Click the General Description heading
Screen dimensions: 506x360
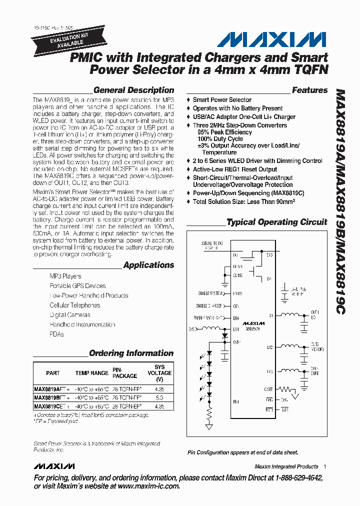point(133,90)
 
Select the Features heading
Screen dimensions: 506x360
point(309,90)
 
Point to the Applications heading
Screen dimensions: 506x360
point(148,265)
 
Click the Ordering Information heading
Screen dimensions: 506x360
point(131,353)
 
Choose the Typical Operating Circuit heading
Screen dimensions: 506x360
point(276,222)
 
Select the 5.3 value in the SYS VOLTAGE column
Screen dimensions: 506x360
point(159,397)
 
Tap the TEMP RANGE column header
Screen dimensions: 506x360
point(91,373)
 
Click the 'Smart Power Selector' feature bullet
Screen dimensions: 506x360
point(222,100)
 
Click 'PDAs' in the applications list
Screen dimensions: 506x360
point(57,334)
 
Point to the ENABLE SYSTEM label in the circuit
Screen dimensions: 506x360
point(209,293)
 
